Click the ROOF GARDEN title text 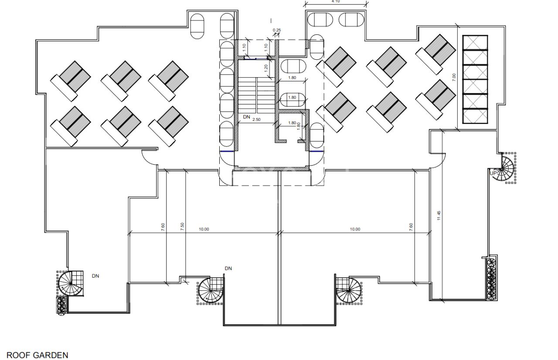pos(37,355)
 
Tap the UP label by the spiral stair pos(493,173)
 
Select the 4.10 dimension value pos(336,1)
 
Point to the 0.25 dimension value pos(277,30)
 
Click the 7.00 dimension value pos(454,77)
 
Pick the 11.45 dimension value pos(439,216)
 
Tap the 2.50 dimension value pos(256,119)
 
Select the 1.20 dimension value pos(266,68)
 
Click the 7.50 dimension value pos(182,227)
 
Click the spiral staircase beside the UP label pos(503,169)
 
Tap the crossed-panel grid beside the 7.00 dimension pos(475,79)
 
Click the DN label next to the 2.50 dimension pos(246,117)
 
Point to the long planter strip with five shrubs pos(492,279)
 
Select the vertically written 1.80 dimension pos(299,126)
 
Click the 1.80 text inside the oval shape pos(292,97)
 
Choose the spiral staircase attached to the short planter pos(70,284)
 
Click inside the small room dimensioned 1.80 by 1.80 pos(292,132)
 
